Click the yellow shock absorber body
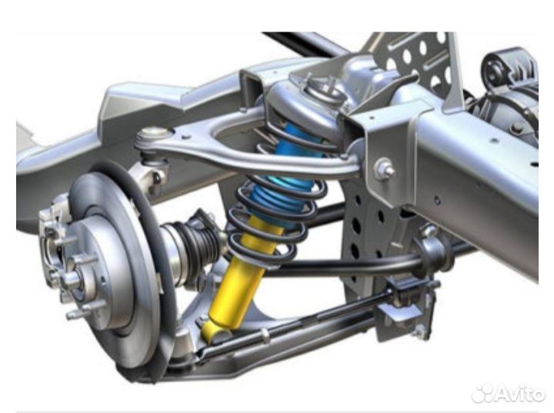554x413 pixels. point(240,279)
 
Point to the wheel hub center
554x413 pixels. point(74,279)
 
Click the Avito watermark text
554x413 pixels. point(519,393)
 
